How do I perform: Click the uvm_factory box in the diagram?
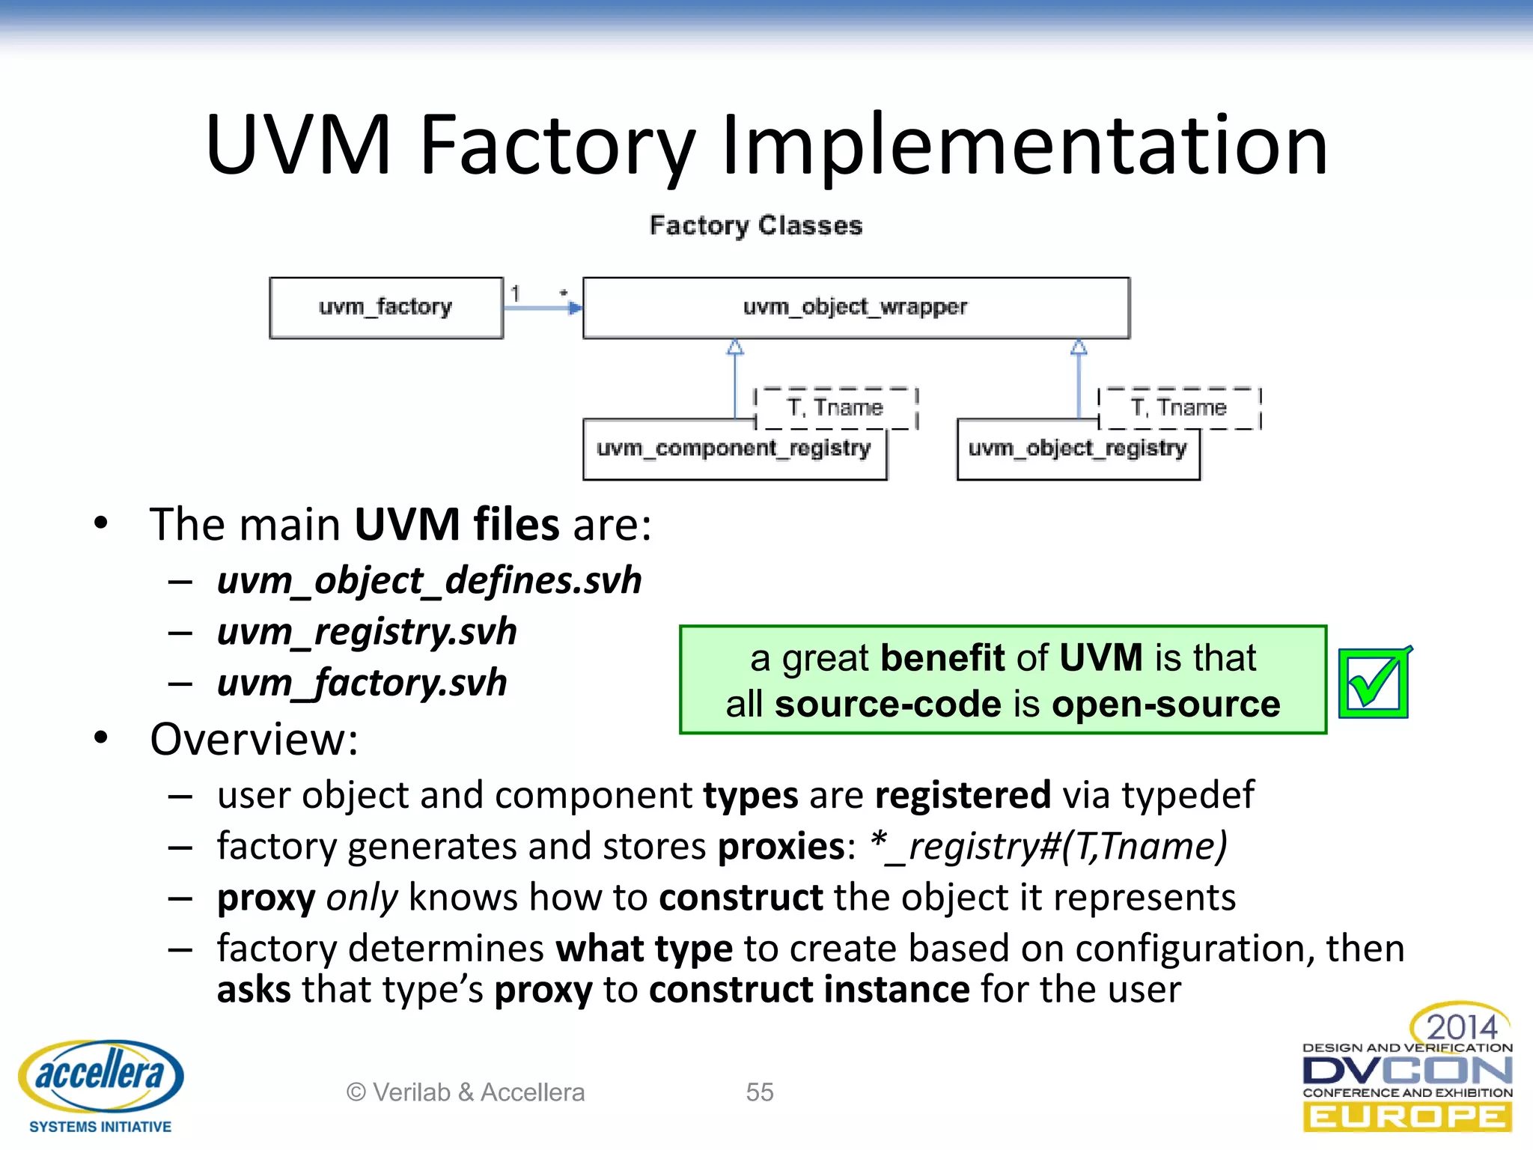click(385, 308)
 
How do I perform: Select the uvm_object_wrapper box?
click(856, 308)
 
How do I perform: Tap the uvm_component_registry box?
click(734, 449)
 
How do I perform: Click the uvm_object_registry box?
click(1077, 449)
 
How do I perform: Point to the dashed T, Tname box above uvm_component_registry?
click(835, 408)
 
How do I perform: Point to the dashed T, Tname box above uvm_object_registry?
click(1179, 408)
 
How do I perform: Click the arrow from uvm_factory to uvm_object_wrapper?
click(543, 308)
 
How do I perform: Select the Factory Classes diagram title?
click(756, 225)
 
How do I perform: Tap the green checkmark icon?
click(1374, 683)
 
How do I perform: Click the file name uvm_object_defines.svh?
click(429, 581)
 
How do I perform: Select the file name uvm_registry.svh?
click(367, 632)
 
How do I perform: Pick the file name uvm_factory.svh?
click(362, 683)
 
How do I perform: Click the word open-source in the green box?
click(1165, 705)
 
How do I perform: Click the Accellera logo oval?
click(100, 1075)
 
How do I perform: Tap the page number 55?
click(759, 1092)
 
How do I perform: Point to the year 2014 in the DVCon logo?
click(1461, 1026)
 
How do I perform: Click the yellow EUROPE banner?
click(1407, 1118)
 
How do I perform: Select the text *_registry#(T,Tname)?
click(1049, 847)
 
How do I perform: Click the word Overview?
click(254, 740)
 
